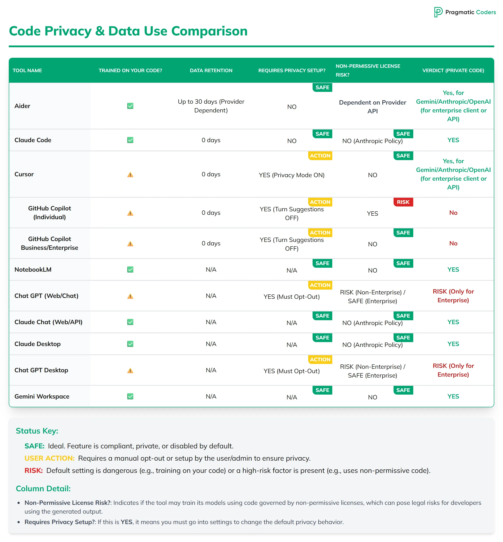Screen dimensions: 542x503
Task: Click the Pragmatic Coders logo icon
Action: click(x=438, y=12)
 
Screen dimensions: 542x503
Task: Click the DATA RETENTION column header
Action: click(x=211, y=70)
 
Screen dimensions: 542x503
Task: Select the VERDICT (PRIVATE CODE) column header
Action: click(x=453, y=70)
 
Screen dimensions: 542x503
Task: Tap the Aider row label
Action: click(x=22, y=106)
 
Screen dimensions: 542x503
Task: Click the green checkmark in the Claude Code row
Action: click(x=130, y=140)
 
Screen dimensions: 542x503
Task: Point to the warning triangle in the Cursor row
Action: click(x=130, y=175)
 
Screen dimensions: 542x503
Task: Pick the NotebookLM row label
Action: click(x=33, y=269)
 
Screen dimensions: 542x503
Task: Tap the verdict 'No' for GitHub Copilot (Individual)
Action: click(x=453, y=213)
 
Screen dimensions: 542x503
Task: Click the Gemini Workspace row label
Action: click(x=42, y=396)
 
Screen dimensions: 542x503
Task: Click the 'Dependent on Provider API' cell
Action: click(x=372, y=107)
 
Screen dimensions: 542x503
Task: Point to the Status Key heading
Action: click(x=37, y=431)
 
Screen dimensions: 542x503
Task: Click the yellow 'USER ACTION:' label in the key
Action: click(x=49, y=458)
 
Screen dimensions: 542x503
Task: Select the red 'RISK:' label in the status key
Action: click(x=34, y=470)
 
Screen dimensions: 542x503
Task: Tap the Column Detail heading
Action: click(x=43, y=488)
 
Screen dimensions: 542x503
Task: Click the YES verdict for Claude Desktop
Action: click(x=453, y=344)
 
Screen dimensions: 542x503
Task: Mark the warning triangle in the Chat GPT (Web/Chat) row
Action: click(x=130, y=296)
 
